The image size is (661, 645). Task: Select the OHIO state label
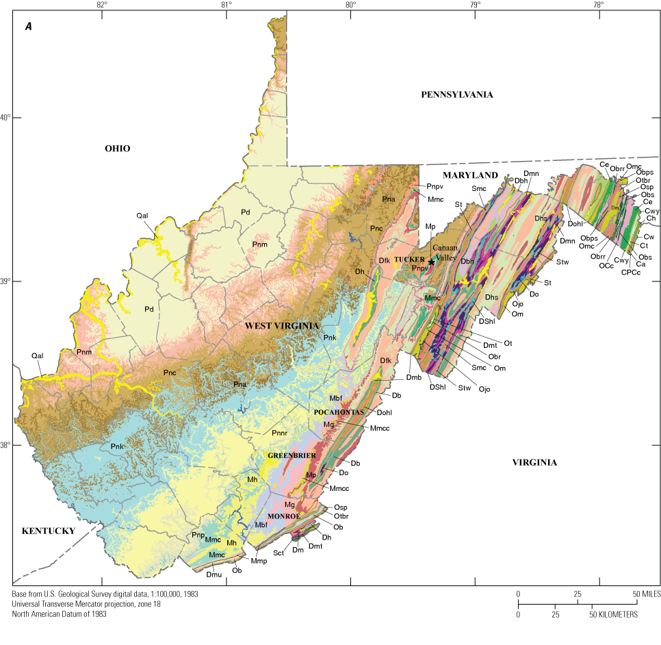117,149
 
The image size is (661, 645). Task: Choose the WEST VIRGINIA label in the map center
283,327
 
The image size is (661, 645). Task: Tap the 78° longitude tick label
598,5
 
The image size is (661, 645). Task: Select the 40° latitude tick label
5,117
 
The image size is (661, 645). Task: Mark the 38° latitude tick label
5,445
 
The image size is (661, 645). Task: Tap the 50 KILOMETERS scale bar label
614,615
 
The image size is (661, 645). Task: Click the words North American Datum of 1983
59,614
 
